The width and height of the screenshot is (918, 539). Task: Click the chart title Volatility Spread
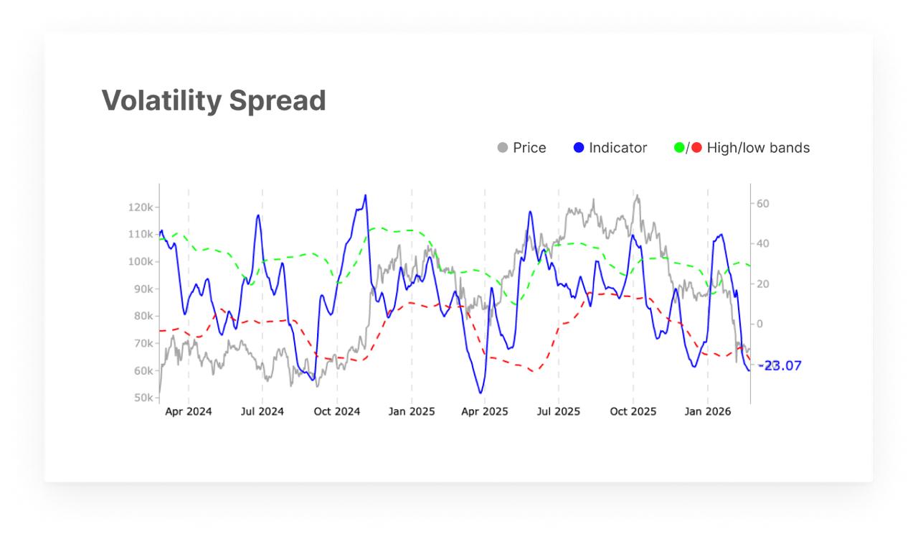coord(214,100)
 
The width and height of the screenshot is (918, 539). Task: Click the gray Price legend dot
coord(503,148)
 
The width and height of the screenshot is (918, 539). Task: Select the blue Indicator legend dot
coord(579,148)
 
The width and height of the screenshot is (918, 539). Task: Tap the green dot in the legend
coord(679,148)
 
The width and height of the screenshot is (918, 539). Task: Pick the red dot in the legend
coord(696,148)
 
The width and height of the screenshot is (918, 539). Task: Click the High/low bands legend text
coord(758,148)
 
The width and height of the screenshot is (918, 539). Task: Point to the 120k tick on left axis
coord(141,207)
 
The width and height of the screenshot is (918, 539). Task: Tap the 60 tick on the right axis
coord(763,204)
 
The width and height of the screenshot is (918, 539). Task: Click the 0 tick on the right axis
coord(760,324)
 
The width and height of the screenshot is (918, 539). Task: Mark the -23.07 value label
coord(780,366)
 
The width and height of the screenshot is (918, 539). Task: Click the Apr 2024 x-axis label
coord(189,412)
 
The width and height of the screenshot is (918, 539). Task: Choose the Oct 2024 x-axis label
coord(337,412)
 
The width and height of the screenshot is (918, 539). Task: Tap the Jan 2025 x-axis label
coord(412,412)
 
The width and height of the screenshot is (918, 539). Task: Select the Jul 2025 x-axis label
coord(559,412)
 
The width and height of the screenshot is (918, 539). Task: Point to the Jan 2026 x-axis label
coord(708,412)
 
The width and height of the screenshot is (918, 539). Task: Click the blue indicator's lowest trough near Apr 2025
coord(481,393)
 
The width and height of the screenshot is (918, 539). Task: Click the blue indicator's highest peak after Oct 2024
coord(365,195)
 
